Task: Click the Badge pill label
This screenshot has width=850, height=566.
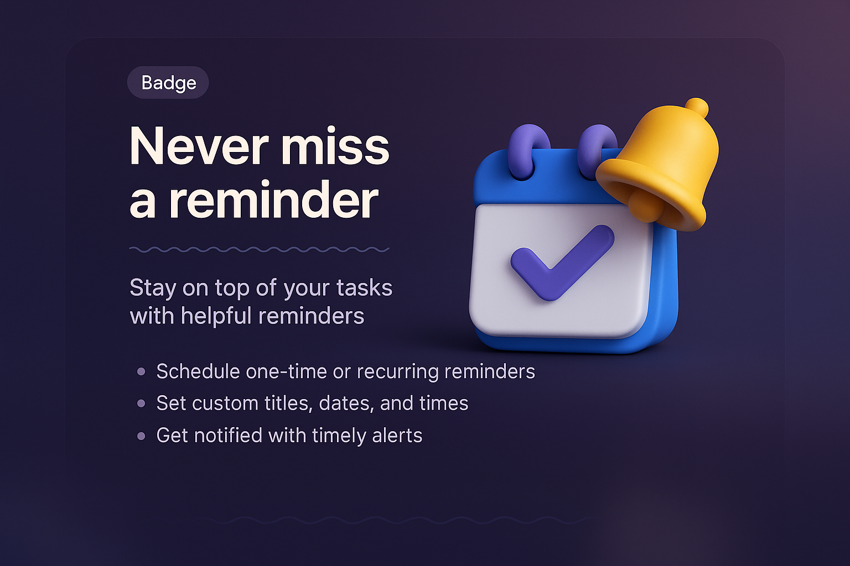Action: pyautogui.click(x=168, y=83)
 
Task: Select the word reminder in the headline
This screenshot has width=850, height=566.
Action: pyautogui.click(x=274, y=200)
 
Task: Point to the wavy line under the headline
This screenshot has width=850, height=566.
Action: pyautogui.click(x=259, y=250)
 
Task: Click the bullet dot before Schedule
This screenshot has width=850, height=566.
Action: pyautogui.click(x=141, y=372)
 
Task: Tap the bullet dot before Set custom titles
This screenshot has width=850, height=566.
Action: pyautogui.click(x=141, y=404)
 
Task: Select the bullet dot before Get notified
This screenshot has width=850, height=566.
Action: pyautogui.click(x=141, y=436)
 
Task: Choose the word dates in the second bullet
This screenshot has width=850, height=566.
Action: pyautogui.click(x=346, y=404)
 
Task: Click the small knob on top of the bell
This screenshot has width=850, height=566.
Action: pyautogui.click(x=696, y=107)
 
